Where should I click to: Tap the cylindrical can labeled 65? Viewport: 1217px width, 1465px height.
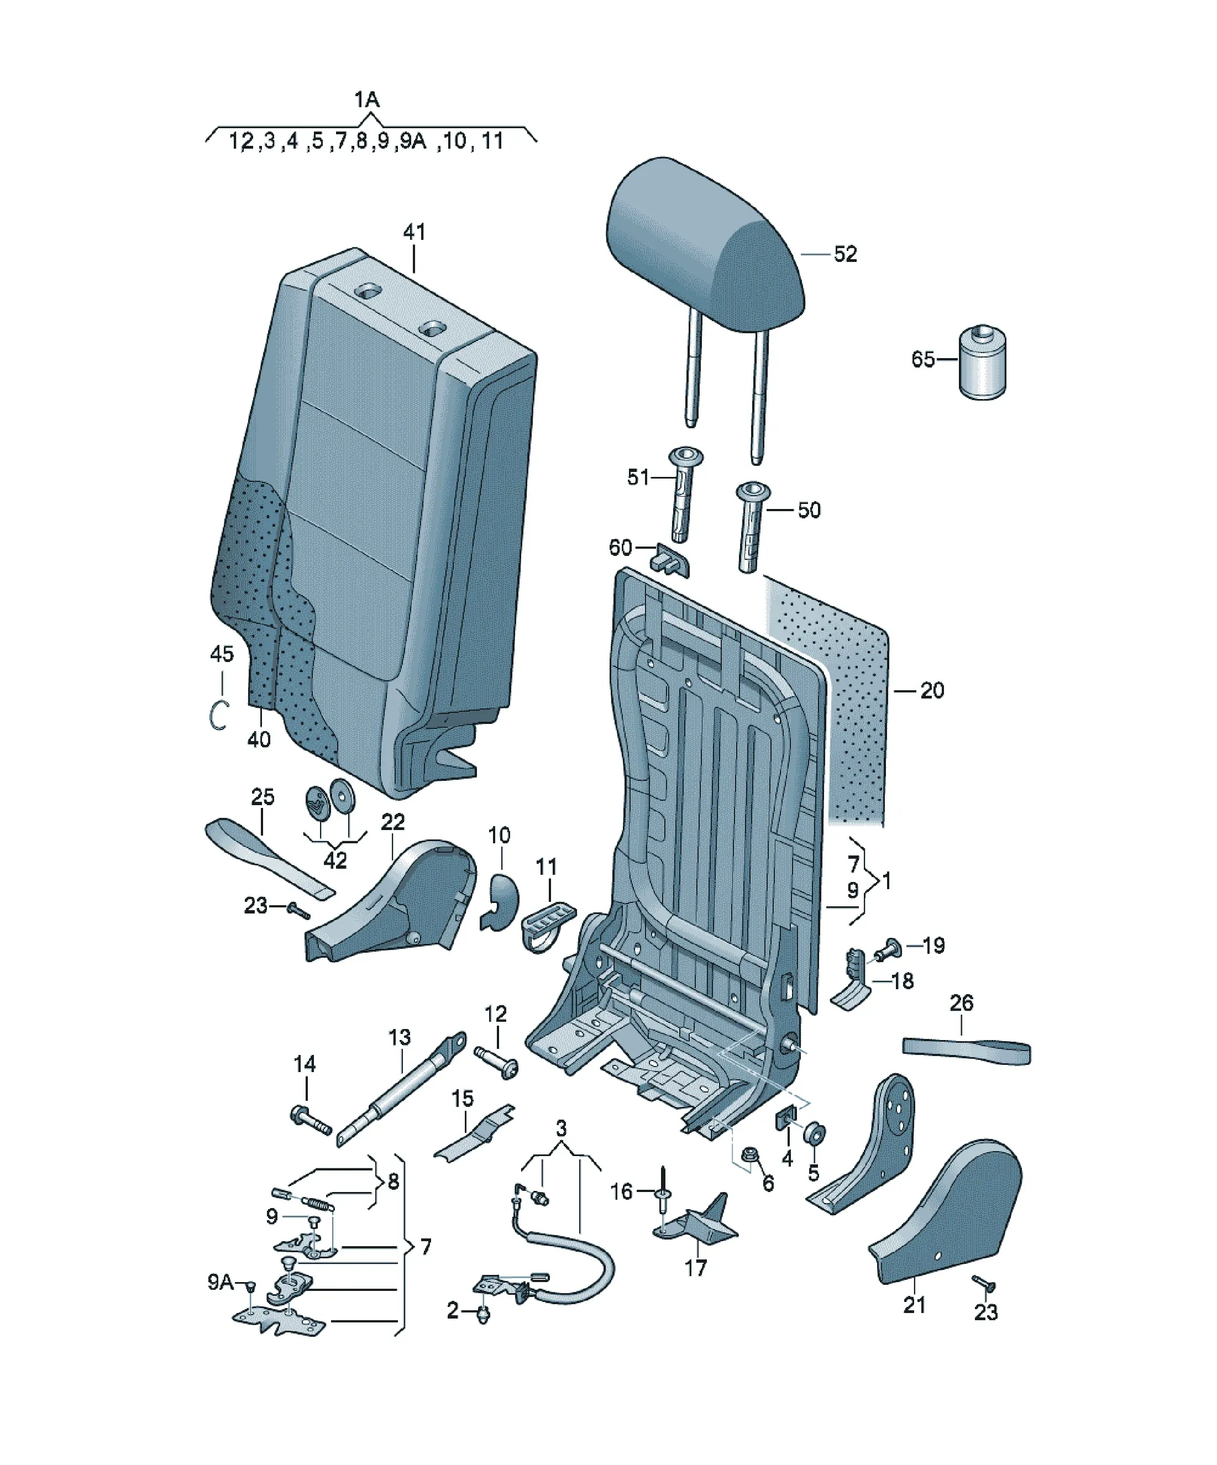tap(983, 362)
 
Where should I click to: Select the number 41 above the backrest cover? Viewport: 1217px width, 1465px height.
tap(414, 232)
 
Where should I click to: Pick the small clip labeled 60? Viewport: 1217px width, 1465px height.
tap(670, 560)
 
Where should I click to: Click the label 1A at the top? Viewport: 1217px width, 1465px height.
tap(366, 100)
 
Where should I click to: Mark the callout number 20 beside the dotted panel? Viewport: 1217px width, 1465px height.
tap(932, 691)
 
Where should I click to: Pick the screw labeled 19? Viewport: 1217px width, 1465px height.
tap(893, 947)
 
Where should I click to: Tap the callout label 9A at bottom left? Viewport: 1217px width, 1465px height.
tap(221, 1282)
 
